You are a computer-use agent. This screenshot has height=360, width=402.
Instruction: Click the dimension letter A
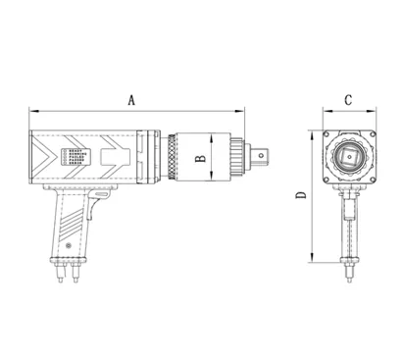coord(131,98)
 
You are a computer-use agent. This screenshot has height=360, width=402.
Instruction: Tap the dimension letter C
coord(350,100)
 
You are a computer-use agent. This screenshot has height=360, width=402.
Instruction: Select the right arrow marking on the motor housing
coord(116,156)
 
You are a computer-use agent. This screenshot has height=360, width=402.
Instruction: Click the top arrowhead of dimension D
coord(312,130)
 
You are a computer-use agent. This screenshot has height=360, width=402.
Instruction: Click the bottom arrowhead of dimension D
coord(312,263)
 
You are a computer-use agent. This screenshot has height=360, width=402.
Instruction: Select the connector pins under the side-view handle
coord(70,271)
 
